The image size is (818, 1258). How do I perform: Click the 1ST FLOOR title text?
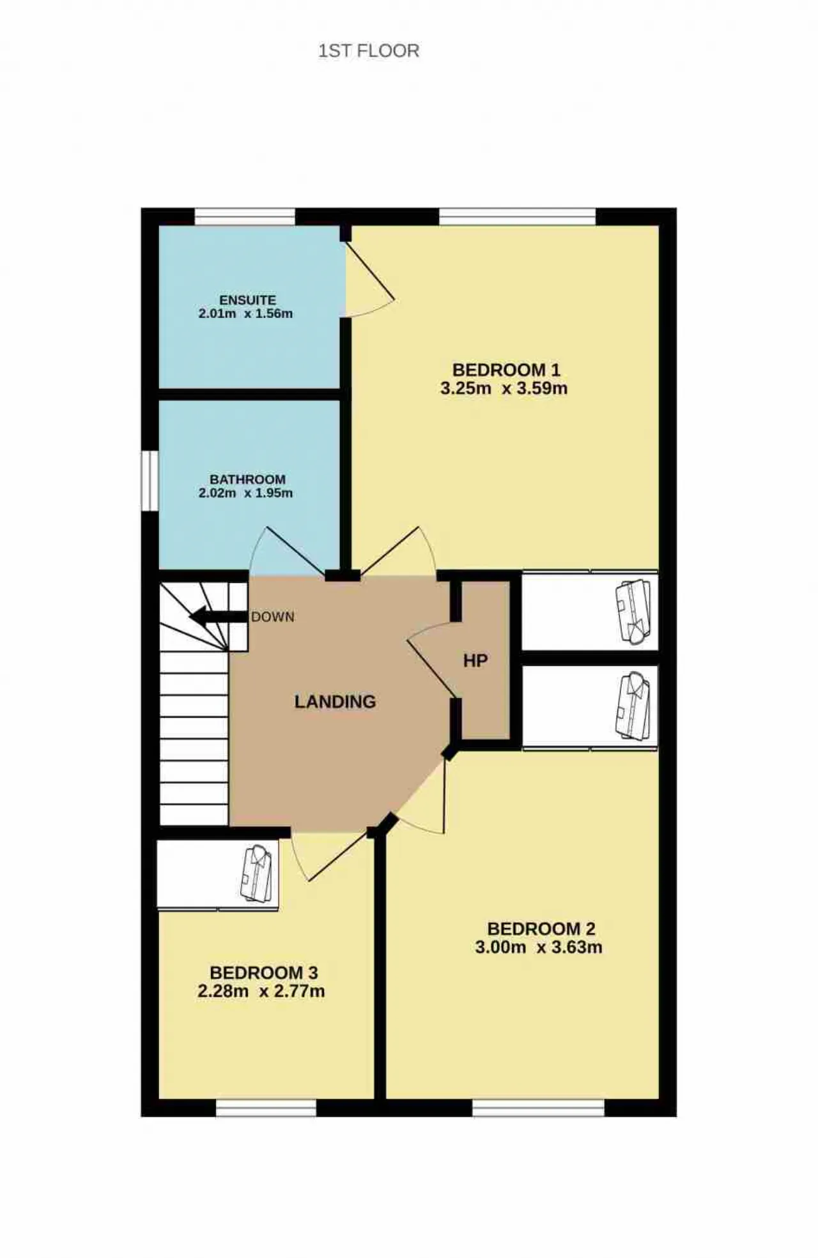369,51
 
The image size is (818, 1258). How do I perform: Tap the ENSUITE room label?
248,300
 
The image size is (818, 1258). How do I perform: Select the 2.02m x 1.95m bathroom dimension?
246,493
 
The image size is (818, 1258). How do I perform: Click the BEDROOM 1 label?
506,370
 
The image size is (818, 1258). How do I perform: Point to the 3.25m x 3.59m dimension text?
504,388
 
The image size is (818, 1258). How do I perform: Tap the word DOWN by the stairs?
273,617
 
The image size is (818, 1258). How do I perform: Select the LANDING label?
335,702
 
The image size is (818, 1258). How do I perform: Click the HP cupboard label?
475,661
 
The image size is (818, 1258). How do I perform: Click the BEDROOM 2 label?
541,928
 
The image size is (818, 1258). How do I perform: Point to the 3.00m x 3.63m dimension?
539,947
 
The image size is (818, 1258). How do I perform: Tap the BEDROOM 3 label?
264,973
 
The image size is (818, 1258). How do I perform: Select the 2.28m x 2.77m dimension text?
261,992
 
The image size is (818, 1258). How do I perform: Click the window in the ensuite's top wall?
245,216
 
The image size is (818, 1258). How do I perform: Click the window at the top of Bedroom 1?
518,216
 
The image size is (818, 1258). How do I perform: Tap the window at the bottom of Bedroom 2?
539,1108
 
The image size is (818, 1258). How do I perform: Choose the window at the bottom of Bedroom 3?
266,1108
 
